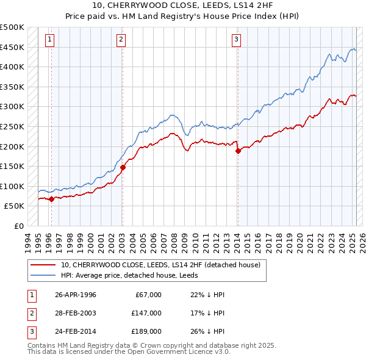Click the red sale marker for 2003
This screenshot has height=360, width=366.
pyautogui.click(x=123, y=167)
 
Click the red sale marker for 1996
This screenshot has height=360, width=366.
pyautogui.click(x=51, y=198)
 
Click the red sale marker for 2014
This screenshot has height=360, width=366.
pyautogui.click(x=238, y=151)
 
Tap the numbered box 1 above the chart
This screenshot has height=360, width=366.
pyautogui.click(x=49, y=40)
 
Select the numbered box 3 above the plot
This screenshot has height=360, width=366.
pyautogui.click(x=236, y=40)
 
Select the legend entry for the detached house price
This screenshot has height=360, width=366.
pyautogui.click(x=160, y=265)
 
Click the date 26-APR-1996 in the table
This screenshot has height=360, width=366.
pyautogui.click(x=76, y=295)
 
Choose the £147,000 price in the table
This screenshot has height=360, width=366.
pyautogui.click(x=146, y=314)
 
